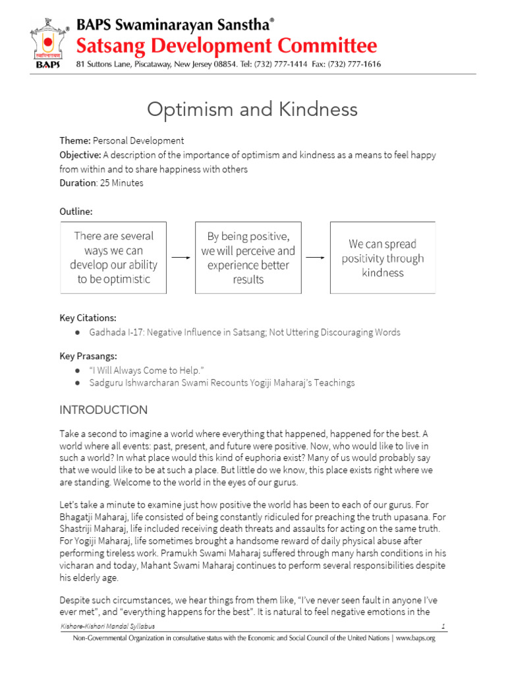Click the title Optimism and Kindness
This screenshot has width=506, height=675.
point(252,109)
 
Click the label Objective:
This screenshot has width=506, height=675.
point(80,155)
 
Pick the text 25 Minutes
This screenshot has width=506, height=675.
point(121,183)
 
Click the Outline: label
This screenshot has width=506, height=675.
point(76,212)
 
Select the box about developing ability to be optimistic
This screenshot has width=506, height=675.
point(113,258)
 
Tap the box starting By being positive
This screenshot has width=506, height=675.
point(248,258)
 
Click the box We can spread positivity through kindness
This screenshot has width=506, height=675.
point(383,258)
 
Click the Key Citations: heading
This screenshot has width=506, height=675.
point(88,318)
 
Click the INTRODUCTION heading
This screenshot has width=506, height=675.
point(103,410)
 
